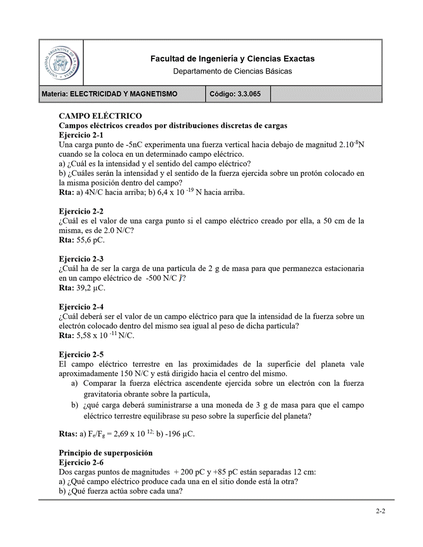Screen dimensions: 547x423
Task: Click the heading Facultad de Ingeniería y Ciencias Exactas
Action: pos(232,59)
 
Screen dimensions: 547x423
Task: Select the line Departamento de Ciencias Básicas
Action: pos(232,71)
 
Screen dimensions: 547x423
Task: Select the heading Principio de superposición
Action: pos(106,453)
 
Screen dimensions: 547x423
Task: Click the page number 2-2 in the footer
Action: pos(381,512)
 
